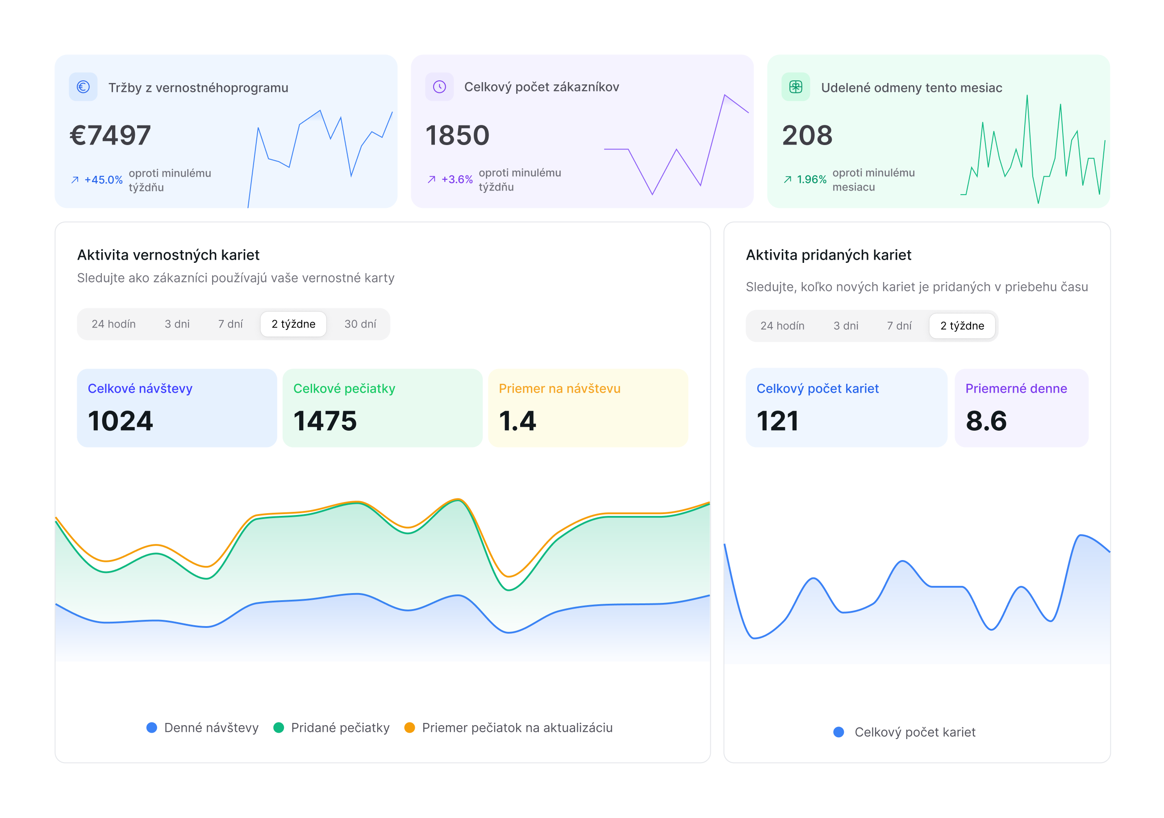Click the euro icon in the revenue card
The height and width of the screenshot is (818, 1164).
click(x=83, y=87)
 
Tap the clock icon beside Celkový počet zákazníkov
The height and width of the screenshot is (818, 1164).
click(x=439, y=87)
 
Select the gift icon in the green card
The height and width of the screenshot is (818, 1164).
click(x=796, y=87)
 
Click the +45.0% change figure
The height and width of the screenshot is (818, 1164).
click(x=104, y=180)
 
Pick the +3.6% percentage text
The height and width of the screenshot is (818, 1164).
click(x=457, y=179)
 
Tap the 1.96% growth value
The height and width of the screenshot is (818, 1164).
click(x=811, y=179)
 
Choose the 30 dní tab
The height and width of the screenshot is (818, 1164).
click(x=360, y=324)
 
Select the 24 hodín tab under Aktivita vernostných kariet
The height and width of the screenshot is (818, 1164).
click(x=113, y=324)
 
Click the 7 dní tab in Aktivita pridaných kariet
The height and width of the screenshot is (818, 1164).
click(x=899, y=326)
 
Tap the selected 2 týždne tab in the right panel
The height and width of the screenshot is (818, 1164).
click(x=962, y=326)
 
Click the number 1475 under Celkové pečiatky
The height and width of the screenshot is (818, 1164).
click(x=325, y=421)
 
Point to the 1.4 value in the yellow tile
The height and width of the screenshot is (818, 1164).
click(x=517, y=421)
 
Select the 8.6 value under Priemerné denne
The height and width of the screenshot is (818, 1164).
click(x=986, y=421)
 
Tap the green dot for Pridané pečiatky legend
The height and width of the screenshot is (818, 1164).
click(x=278, y=728)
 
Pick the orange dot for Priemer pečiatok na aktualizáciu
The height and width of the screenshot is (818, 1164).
click(x=409, y=728)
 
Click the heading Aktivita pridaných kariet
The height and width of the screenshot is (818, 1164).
click(x=828, y=255)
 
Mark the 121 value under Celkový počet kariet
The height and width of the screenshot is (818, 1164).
click(x=777, y=421)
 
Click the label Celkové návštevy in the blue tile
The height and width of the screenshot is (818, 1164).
click(x=140, y=389)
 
